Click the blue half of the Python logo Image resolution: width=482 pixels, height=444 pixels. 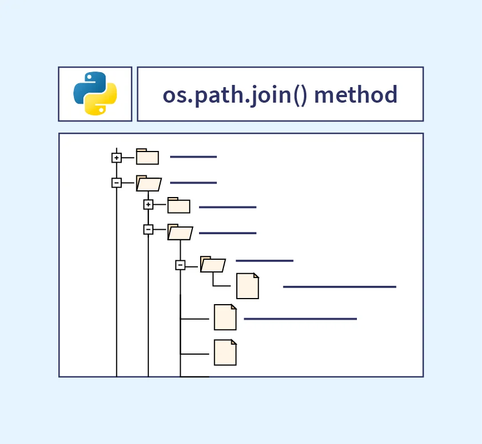point(88,85)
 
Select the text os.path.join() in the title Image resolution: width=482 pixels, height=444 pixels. point(235,94)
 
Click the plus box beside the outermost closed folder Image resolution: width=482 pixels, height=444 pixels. point(116,158)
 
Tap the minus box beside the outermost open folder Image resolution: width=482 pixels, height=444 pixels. point(116,183)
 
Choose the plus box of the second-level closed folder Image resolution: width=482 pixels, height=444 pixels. point(148,205)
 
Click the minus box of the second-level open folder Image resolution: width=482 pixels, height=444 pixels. point(148,229)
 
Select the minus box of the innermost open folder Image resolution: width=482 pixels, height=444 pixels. point(180,265)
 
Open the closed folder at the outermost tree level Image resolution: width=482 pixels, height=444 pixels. point(147,158)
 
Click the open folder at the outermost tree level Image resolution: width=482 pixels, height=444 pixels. point(148,183)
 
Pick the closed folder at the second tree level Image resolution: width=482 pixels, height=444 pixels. point(179,206)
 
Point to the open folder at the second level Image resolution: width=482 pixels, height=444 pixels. point(180,232)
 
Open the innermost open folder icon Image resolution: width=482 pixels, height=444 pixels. point(212,265)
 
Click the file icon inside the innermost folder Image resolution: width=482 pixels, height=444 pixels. point(247,286)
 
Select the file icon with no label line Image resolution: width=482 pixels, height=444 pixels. point(225,353)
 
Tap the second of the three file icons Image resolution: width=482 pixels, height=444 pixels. point(225,317)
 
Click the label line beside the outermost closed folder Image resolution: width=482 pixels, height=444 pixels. point(193,157)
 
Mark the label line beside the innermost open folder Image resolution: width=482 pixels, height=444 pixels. point(264,260)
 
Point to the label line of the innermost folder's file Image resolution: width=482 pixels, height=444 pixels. point(339,287)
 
